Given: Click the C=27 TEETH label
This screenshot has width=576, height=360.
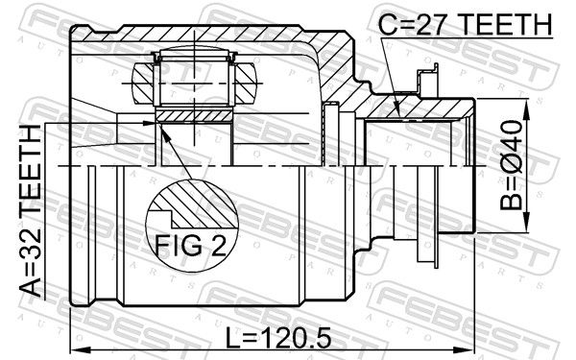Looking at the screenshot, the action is click(x=465, y=24).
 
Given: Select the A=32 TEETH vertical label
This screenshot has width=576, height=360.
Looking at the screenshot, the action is click(x=31, y=210).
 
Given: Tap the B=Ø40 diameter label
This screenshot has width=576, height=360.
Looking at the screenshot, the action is click(x=511, y=165).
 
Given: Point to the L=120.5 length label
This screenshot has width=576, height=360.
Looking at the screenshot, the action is click(x=278, y=338).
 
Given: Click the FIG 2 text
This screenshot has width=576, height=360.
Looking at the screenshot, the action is click(x=191, y=245).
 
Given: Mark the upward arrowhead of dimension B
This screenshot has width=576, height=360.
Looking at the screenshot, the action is click(x=526, y=109).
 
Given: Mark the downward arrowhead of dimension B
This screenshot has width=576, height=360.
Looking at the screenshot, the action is click(x=526, y=223).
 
